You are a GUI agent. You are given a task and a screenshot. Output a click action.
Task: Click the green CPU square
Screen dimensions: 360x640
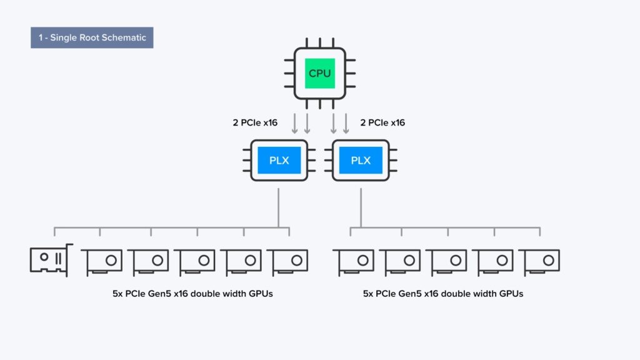click(x=320, y=74)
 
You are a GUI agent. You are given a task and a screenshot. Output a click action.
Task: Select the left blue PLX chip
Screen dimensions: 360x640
click(x=279, y=160)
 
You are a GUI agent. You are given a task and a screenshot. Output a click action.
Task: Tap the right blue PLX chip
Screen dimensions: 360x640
click(x=361, y=160)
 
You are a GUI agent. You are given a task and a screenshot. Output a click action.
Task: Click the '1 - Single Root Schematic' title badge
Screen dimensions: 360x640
click(x=92, y=37)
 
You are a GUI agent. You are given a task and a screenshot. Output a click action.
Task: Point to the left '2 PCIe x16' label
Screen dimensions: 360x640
click(x=255, y=122)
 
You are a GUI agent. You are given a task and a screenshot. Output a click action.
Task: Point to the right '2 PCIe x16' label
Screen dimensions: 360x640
click(x=382, y=122)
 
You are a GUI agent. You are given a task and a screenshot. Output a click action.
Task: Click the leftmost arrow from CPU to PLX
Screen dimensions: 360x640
click(x=295, y=123)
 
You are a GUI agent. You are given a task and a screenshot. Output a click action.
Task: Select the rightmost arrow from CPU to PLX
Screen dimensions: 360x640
click(x=346, y=123)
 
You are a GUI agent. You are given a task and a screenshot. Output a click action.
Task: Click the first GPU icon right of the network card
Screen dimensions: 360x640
click(x=101, y=261)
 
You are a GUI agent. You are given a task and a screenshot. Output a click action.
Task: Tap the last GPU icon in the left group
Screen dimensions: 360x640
click(x=287, y=261)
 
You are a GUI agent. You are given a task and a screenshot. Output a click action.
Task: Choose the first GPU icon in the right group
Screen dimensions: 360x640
click(x=353, y=261)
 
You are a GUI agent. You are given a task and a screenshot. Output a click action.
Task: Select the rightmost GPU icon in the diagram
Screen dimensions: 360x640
click(x=539, y=261)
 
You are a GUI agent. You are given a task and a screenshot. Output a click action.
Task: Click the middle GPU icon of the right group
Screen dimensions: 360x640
click(x=446, y=261)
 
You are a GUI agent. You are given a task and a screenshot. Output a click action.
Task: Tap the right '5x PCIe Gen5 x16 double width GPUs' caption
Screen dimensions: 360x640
click(x=443, y=293)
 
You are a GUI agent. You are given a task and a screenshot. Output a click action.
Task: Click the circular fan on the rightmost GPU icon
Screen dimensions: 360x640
click(x=549, y=260)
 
